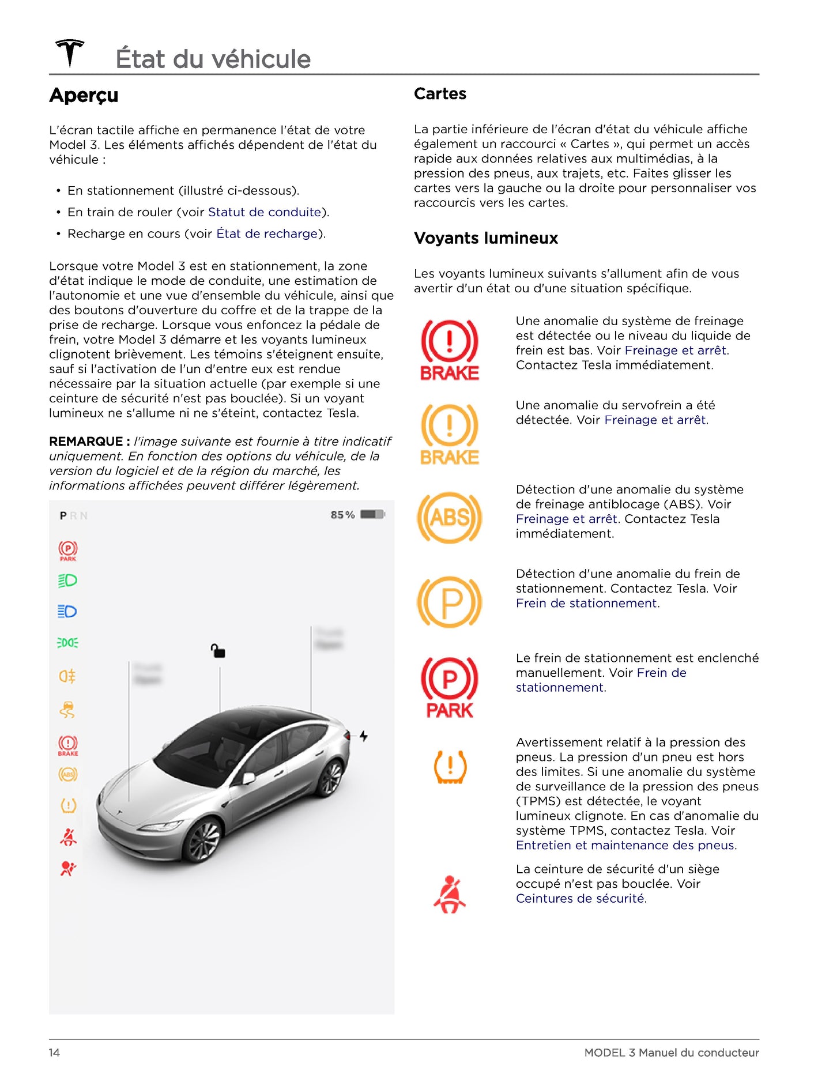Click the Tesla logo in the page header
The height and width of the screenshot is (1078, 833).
70,53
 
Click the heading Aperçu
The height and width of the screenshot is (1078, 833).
84,95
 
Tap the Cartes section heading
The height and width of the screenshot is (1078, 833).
440,93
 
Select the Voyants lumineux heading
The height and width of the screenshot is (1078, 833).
485,238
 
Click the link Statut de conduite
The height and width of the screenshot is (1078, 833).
265,212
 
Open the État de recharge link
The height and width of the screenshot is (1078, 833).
267,233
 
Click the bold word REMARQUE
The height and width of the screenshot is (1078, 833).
86,442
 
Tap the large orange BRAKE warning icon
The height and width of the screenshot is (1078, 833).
449,434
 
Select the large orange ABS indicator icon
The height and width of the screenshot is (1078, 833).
449,518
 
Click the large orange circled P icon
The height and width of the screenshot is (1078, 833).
449,602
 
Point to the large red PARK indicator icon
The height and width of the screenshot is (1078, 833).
449,687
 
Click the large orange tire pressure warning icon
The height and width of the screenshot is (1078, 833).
450,767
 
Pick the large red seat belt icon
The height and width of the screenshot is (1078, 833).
450,894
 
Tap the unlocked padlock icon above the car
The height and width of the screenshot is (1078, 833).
218,651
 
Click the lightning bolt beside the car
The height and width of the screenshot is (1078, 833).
364,736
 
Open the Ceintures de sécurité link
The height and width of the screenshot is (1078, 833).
581,899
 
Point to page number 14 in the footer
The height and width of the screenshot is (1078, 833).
54,1053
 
